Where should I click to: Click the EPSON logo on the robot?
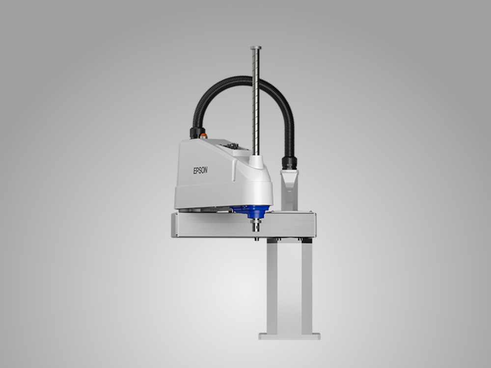pyautogui.click(x=200, y=170)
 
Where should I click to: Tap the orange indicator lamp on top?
pyautogui.click(x=204, y=135)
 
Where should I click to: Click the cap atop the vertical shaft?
pyautogui.click(x=256, y=48)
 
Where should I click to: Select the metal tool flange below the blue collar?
pyautogui.click(x=256, y=225)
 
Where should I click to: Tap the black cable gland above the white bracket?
pyautogui.click(x=289, y=163)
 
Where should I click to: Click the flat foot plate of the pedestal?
pyautogui.click(x=289, y=337)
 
